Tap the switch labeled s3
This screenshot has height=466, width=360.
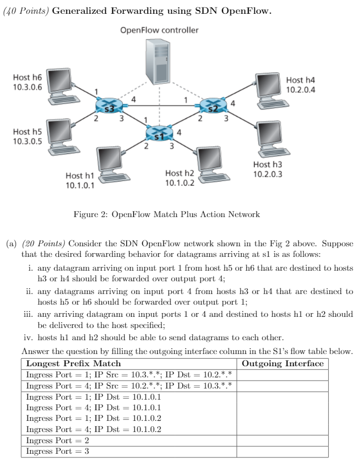pos(109,106)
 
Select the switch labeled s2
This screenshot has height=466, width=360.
pos(212,106)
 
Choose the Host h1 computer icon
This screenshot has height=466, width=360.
pos(113,165)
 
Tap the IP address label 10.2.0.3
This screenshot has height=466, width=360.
pos(268,174)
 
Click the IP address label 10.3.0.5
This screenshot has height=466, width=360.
pos(27,141)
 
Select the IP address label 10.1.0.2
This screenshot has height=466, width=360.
pos(179,183)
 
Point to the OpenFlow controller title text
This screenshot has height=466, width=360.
pos(159,30)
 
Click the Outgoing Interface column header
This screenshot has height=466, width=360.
pos(282,364)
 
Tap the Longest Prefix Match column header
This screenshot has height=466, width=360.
pos(74,364)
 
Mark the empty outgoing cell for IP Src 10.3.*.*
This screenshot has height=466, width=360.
pos(282,375)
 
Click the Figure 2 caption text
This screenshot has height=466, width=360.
pos(166,214)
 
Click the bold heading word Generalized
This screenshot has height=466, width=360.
pos(88,11)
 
